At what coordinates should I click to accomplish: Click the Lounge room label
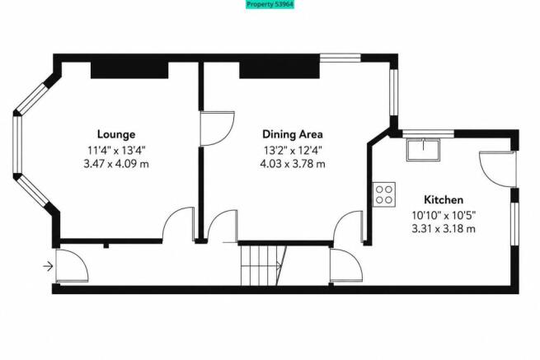point(116,134)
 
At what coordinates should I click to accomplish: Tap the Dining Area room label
point(293,134)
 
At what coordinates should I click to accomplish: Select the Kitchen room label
point(444,199)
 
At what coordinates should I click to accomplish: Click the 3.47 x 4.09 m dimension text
point(116,164)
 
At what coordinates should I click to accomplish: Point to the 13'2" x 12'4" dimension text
point(293,151)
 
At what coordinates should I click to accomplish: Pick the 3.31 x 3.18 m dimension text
point(444,228)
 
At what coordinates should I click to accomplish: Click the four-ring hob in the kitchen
point(384,194)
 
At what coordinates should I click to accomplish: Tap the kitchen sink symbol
point(423,149)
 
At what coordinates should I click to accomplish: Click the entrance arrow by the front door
point(48,266)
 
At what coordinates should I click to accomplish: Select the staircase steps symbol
point(264,265)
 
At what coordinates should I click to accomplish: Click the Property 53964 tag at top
point(270,4)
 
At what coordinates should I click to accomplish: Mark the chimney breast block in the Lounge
point(129,70)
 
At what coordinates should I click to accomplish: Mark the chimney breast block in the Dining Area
point(279,70)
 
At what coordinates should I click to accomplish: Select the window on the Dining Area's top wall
point(340,58)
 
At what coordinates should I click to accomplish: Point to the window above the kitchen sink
point(429,134)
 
